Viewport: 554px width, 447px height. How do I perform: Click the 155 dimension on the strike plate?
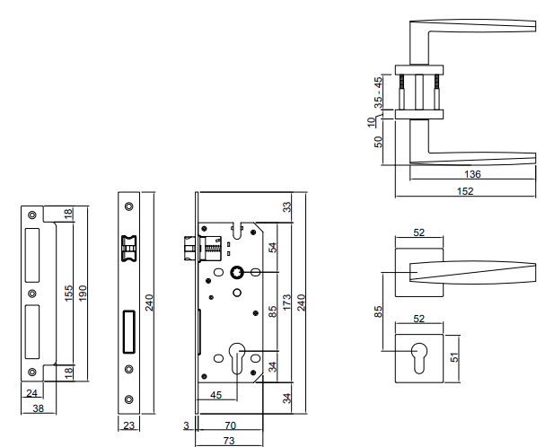point(68,293)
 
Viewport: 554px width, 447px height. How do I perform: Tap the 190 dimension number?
point(83,293)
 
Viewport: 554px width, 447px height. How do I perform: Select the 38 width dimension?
point(38,408)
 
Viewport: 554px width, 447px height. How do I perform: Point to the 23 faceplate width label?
point(129,425)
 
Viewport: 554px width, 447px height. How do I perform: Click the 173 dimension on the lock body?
point(286,302)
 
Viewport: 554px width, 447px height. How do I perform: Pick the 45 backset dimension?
point(215,395)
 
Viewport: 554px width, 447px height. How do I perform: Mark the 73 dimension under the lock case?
point(229,441)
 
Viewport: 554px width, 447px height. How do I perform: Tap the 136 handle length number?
point(472,174)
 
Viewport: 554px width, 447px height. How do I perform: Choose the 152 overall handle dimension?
point(465,191)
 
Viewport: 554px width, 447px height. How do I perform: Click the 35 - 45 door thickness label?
point(378,92)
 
